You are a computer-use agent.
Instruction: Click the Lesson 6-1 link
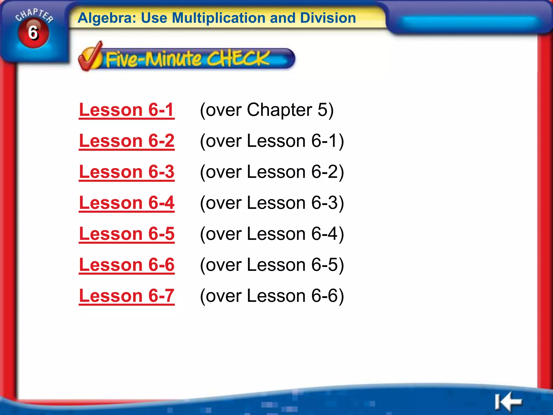[126, 110]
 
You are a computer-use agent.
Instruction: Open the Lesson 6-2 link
[126, 141]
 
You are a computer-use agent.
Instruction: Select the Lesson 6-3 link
[126, 172]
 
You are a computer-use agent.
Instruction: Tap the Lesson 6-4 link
[126, 203]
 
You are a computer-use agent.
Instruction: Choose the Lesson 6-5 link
[126, 234]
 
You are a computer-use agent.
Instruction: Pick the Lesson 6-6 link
[126, 265]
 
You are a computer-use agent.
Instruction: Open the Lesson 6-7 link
[126, 296]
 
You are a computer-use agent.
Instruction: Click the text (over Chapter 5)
[267, 110]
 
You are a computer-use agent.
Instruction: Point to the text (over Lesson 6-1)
[272, 141]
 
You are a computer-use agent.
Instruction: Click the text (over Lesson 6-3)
[272, 203]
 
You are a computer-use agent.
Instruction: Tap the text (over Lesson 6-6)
[272, 296]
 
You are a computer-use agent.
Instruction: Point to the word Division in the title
[328, 18]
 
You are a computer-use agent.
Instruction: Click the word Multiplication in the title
[218, 18]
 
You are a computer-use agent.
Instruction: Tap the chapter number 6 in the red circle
[33, 33]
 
